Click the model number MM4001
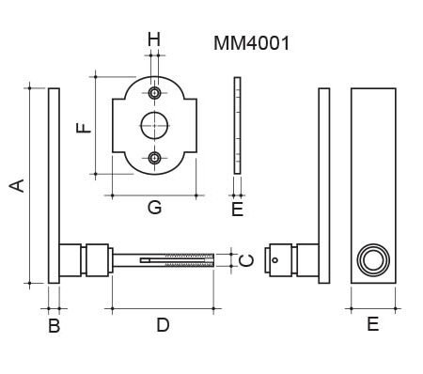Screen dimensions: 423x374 (252, 43)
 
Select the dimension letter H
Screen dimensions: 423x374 (154, 39)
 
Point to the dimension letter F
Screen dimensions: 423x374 (84, 128)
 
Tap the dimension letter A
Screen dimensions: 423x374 (17, 185)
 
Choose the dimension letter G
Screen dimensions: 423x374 (154, 207)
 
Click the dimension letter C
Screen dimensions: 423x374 (246, 260)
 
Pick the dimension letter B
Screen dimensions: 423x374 (55, 325)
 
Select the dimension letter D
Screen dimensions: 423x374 (163, 325)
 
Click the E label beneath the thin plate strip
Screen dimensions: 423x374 (238, 210)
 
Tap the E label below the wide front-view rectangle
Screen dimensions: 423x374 (373, 324)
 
